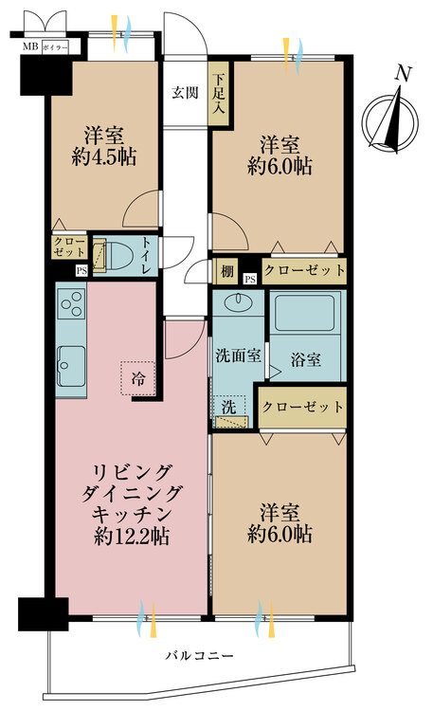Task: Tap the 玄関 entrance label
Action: [185, 93]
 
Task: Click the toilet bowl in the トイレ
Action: [117, 256]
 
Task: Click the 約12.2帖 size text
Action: [132, 537]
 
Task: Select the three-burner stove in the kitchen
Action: [72, 304]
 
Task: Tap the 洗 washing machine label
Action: [227, 406]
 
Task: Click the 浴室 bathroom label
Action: [305, 360]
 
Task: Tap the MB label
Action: [30, 46]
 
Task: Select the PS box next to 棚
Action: [249, 279]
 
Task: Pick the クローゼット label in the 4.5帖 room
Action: [68, 247]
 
